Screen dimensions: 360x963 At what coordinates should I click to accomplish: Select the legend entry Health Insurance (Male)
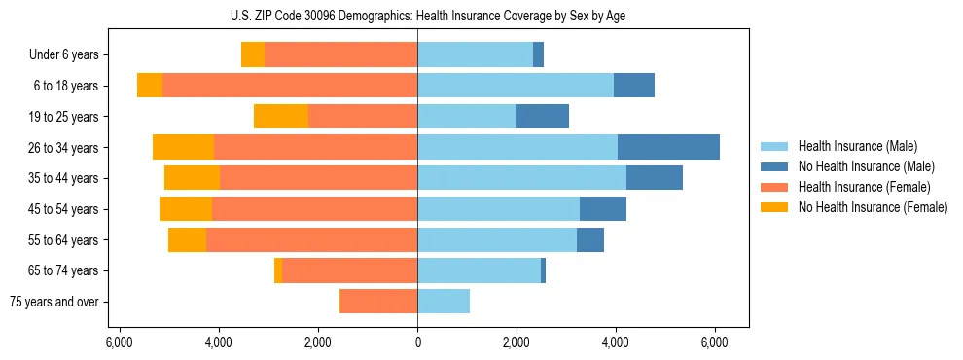point(851,146)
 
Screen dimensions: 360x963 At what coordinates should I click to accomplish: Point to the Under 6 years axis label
point(63,55)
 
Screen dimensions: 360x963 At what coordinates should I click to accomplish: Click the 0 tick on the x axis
point(417,342)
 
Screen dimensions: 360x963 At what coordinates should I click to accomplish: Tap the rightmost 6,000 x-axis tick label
point(715,342)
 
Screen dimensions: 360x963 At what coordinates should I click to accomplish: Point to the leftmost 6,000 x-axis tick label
point(119,342)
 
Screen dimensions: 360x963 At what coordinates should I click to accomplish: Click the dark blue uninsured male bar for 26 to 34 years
point(668,147)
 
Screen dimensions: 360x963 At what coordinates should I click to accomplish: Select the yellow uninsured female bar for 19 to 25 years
point(281,117)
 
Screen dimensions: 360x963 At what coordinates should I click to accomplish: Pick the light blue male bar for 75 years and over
point(444,302)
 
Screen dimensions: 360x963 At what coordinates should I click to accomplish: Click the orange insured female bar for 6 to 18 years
point(290,86)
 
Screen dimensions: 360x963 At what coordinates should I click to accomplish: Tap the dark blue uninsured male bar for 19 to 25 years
point(542,117)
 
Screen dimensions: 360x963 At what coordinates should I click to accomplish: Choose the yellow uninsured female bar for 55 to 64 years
point(187,239)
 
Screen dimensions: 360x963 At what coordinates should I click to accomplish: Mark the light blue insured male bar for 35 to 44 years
point(521,178)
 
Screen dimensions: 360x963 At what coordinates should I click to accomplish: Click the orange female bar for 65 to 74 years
point(349,270)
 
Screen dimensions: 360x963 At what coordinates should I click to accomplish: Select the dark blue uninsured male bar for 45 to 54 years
point(603,209)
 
